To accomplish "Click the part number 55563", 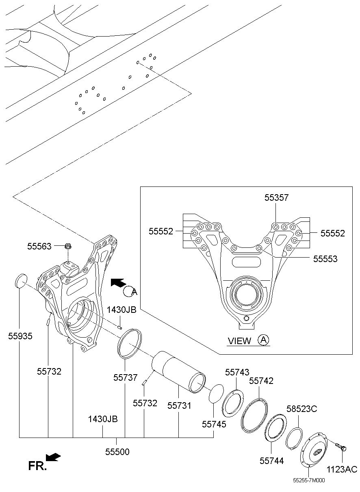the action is click(39, 247).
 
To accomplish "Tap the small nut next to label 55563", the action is click(67, 247).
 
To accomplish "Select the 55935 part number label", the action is click(20, 336).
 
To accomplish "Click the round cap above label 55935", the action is click(21, 281).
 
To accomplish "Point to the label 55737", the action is click(126, 377).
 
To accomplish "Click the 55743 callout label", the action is click(237, 372).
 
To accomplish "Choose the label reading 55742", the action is click(261, 381).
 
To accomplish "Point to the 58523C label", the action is click(302, 409).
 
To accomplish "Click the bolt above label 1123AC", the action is click(340, 447).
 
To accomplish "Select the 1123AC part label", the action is click(342, 469).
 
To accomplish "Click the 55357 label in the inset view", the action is click(276, 197).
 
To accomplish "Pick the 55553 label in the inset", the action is click(325, 259).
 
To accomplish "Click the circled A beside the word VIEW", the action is click(263, 340).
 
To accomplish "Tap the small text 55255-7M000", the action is click(309, 480).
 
